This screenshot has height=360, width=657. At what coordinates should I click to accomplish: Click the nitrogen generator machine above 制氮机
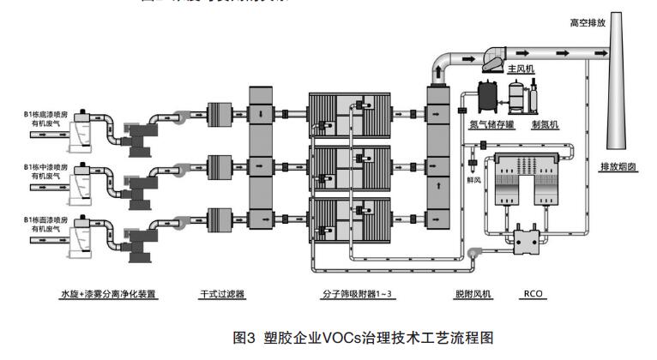point(522,98)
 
